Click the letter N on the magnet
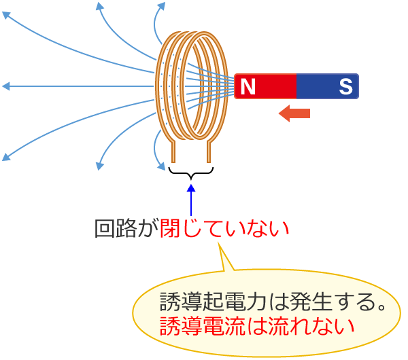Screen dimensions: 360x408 248,86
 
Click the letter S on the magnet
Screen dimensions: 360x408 345,86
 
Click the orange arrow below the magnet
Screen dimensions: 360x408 294,113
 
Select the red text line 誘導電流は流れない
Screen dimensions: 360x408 257,325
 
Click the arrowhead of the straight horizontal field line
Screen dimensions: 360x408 5,86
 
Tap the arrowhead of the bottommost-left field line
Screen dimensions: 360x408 6,158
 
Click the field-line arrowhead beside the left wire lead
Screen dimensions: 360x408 161,166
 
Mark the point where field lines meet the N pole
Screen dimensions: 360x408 233,86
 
